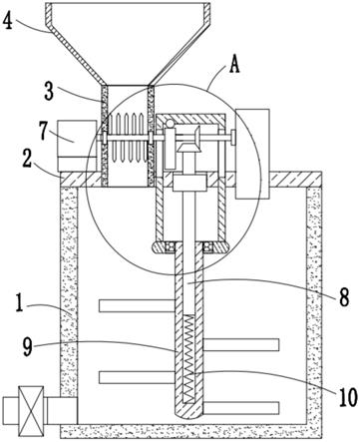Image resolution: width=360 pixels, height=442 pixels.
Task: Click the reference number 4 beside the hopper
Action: click(8, 21)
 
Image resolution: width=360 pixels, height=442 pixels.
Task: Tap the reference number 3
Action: click(49, 91)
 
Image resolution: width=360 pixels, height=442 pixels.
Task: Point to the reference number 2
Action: click(27, 161)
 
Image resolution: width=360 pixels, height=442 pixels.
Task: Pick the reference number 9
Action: click(28, 348)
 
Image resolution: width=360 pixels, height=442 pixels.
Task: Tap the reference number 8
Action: click(344, 297)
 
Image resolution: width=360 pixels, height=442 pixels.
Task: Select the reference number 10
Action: click(348, 397)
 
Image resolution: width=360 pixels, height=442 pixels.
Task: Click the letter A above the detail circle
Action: click(234, 65)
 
